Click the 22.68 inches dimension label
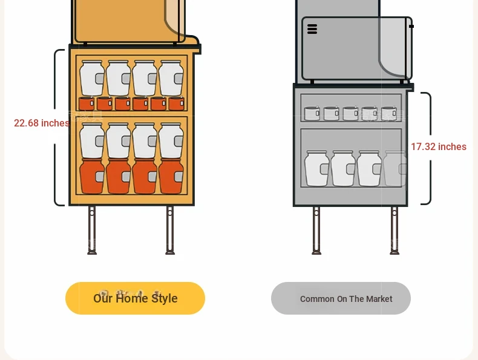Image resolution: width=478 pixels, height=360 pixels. pos(42,123)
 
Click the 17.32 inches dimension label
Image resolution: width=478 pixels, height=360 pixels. pos(439,146)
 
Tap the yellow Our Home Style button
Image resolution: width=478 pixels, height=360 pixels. pos(135,298)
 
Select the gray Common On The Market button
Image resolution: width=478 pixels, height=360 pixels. pos(341,298)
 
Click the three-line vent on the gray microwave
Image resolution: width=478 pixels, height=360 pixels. pos(312,29)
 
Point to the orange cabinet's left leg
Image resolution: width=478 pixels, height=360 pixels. pos(92,230)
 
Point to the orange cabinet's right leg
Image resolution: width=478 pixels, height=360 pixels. pos(170,230)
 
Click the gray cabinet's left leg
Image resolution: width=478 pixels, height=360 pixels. pos(316,231)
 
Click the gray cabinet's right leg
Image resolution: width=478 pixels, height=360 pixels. pos(395,231)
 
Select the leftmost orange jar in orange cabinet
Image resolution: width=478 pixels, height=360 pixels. pos(92,176)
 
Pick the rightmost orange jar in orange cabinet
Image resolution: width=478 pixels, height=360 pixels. pos(171,176)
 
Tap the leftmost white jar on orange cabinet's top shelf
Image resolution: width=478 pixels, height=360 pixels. pos(92,78)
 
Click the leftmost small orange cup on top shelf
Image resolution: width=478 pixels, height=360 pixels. pos(87,103)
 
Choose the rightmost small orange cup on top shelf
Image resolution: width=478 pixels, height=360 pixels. pos(177,103)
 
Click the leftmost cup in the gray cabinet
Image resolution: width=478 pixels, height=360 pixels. pos(312,113)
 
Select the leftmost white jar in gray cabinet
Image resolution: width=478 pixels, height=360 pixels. pos(316,168)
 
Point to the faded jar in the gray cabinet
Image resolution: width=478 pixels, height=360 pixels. pos(395,168)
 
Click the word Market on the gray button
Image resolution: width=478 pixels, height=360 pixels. pos(379,299)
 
